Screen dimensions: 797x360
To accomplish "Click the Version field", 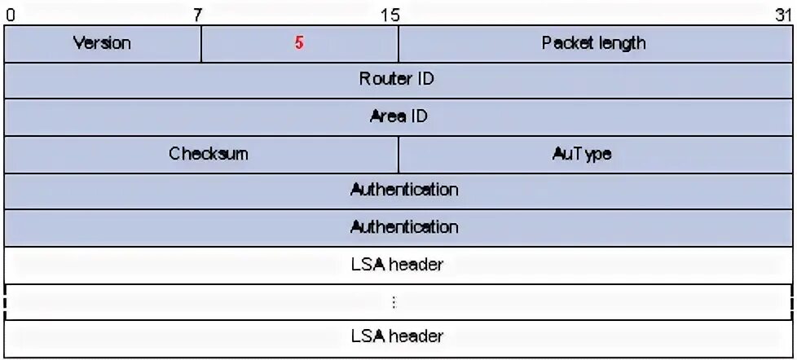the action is (x=103, y=43).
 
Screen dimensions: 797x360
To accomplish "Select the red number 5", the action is (x=300, y=43).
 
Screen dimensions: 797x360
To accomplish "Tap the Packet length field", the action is (x=593, y=43).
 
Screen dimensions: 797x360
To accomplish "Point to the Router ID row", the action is (x=397, y=80).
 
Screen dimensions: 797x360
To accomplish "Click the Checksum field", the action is (x=209, y=153).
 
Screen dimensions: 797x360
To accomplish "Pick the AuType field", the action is (x=581, y=153).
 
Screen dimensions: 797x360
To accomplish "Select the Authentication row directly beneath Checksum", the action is (x=404, y=190).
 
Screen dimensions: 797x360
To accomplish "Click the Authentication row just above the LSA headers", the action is (x=404, y=226).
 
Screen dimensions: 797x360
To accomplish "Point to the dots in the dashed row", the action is (x=394, y=302).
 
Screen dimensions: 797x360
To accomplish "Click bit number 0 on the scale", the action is (x=10, y=14).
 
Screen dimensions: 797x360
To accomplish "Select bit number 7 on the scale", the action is (x=198, y=14).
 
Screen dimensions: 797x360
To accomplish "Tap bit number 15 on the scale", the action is (x=390, y=14).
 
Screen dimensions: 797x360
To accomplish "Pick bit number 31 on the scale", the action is (x=783, y=14).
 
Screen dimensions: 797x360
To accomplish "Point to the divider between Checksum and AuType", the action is (x=398, y=154).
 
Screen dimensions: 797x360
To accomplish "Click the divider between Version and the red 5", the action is (x=201, y=44).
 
